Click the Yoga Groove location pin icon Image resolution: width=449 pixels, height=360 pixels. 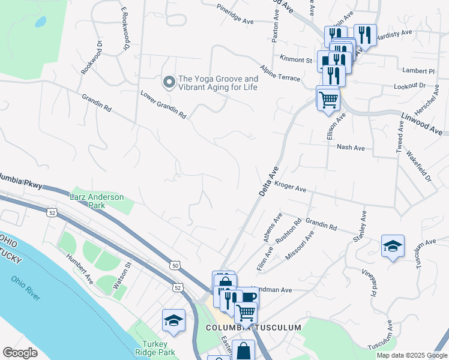tap(169, 82)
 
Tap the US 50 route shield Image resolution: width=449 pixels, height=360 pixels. tap(175, 265)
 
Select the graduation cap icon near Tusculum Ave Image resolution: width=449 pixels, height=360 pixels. tap(393, 245)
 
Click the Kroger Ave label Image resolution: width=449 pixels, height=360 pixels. tap(291, 187)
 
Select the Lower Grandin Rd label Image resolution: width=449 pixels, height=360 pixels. tap(163, 104)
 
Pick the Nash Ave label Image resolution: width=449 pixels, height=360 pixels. tap(347, 146)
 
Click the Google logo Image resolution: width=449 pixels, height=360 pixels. tap(20, 353)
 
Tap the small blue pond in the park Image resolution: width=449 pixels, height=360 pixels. tap(40, 22)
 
